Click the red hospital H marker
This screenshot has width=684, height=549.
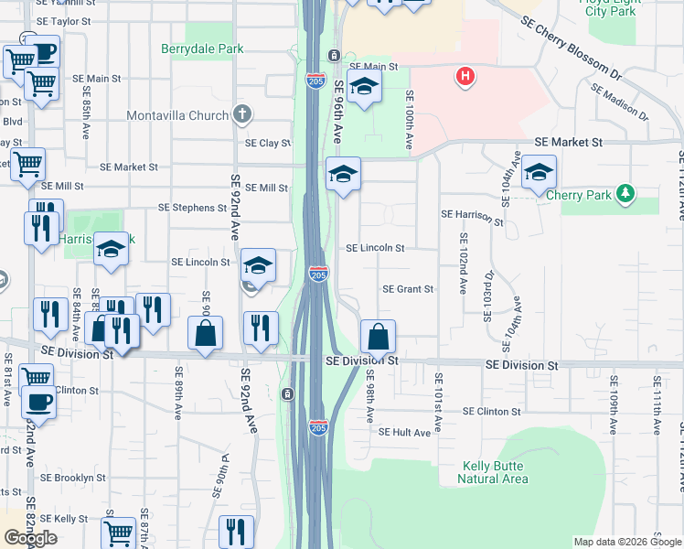(465, 76)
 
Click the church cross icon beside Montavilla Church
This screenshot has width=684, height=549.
(241, 114)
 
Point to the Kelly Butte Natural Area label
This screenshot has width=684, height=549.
(495, 472)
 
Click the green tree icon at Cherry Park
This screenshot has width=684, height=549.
(625, 192)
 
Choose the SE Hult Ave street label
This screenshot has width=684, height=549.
(404, 432)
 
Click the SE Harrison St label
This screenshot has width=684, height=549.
(472, 216)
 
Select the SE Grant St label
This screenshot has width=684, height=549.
(407, 289)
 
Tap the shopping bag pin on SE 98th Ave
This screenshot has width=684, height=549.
(378, 337)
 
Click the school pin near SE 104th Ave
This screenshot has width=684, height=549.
(540, 172)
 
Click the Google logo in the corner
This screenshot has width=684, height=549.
(30, 538)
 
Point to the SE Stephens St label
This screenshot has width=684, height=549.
(192, 208)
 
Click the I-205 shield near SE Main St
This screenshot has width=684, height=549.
(314, 81)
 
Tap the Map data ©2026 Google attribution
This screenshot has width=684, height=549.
(627, 542)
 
